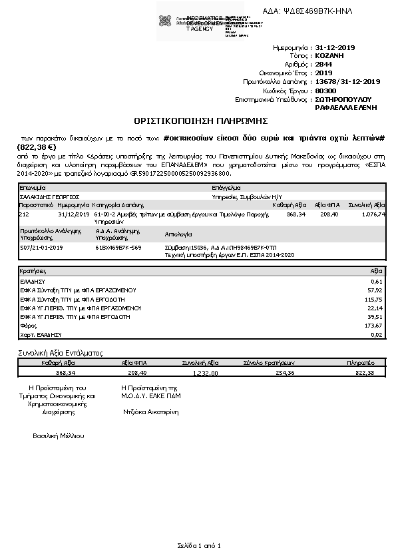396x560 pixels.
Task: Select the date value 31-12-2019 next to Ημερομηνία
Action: [x=336, y=48]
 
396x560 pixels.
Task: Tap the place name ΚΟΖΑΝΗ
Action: [x=329, y=57]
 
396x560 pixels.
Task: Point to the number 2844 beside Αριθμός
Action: [x=323, y=65]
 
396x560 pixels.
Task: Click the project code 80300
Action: [x=325, y=90]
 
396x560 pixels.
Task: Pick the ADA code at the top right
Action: [x=317, y=12]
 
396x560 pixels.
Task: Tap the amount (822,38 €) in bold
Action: [x=36, y=146]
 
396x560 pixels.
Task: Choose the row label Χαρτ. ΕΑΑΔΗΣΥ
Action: [x=41, y=334]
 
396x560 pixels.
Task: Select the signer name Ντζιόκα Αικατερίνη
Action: [x=151, y=412]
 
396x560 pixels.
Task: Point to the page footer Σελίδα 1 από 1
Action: [x=198, y=545]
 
